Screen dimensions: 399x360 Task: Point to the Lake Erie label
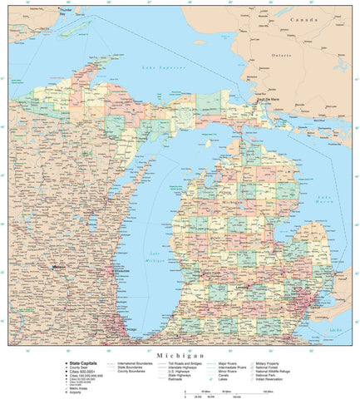(335, 330)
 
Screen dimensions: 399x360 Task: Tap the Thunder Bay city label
(57, 11)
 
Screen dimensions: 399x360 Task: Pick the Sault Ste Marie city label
(269, 100)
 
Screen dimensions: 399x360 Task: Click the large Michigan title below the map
(180, 355)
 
